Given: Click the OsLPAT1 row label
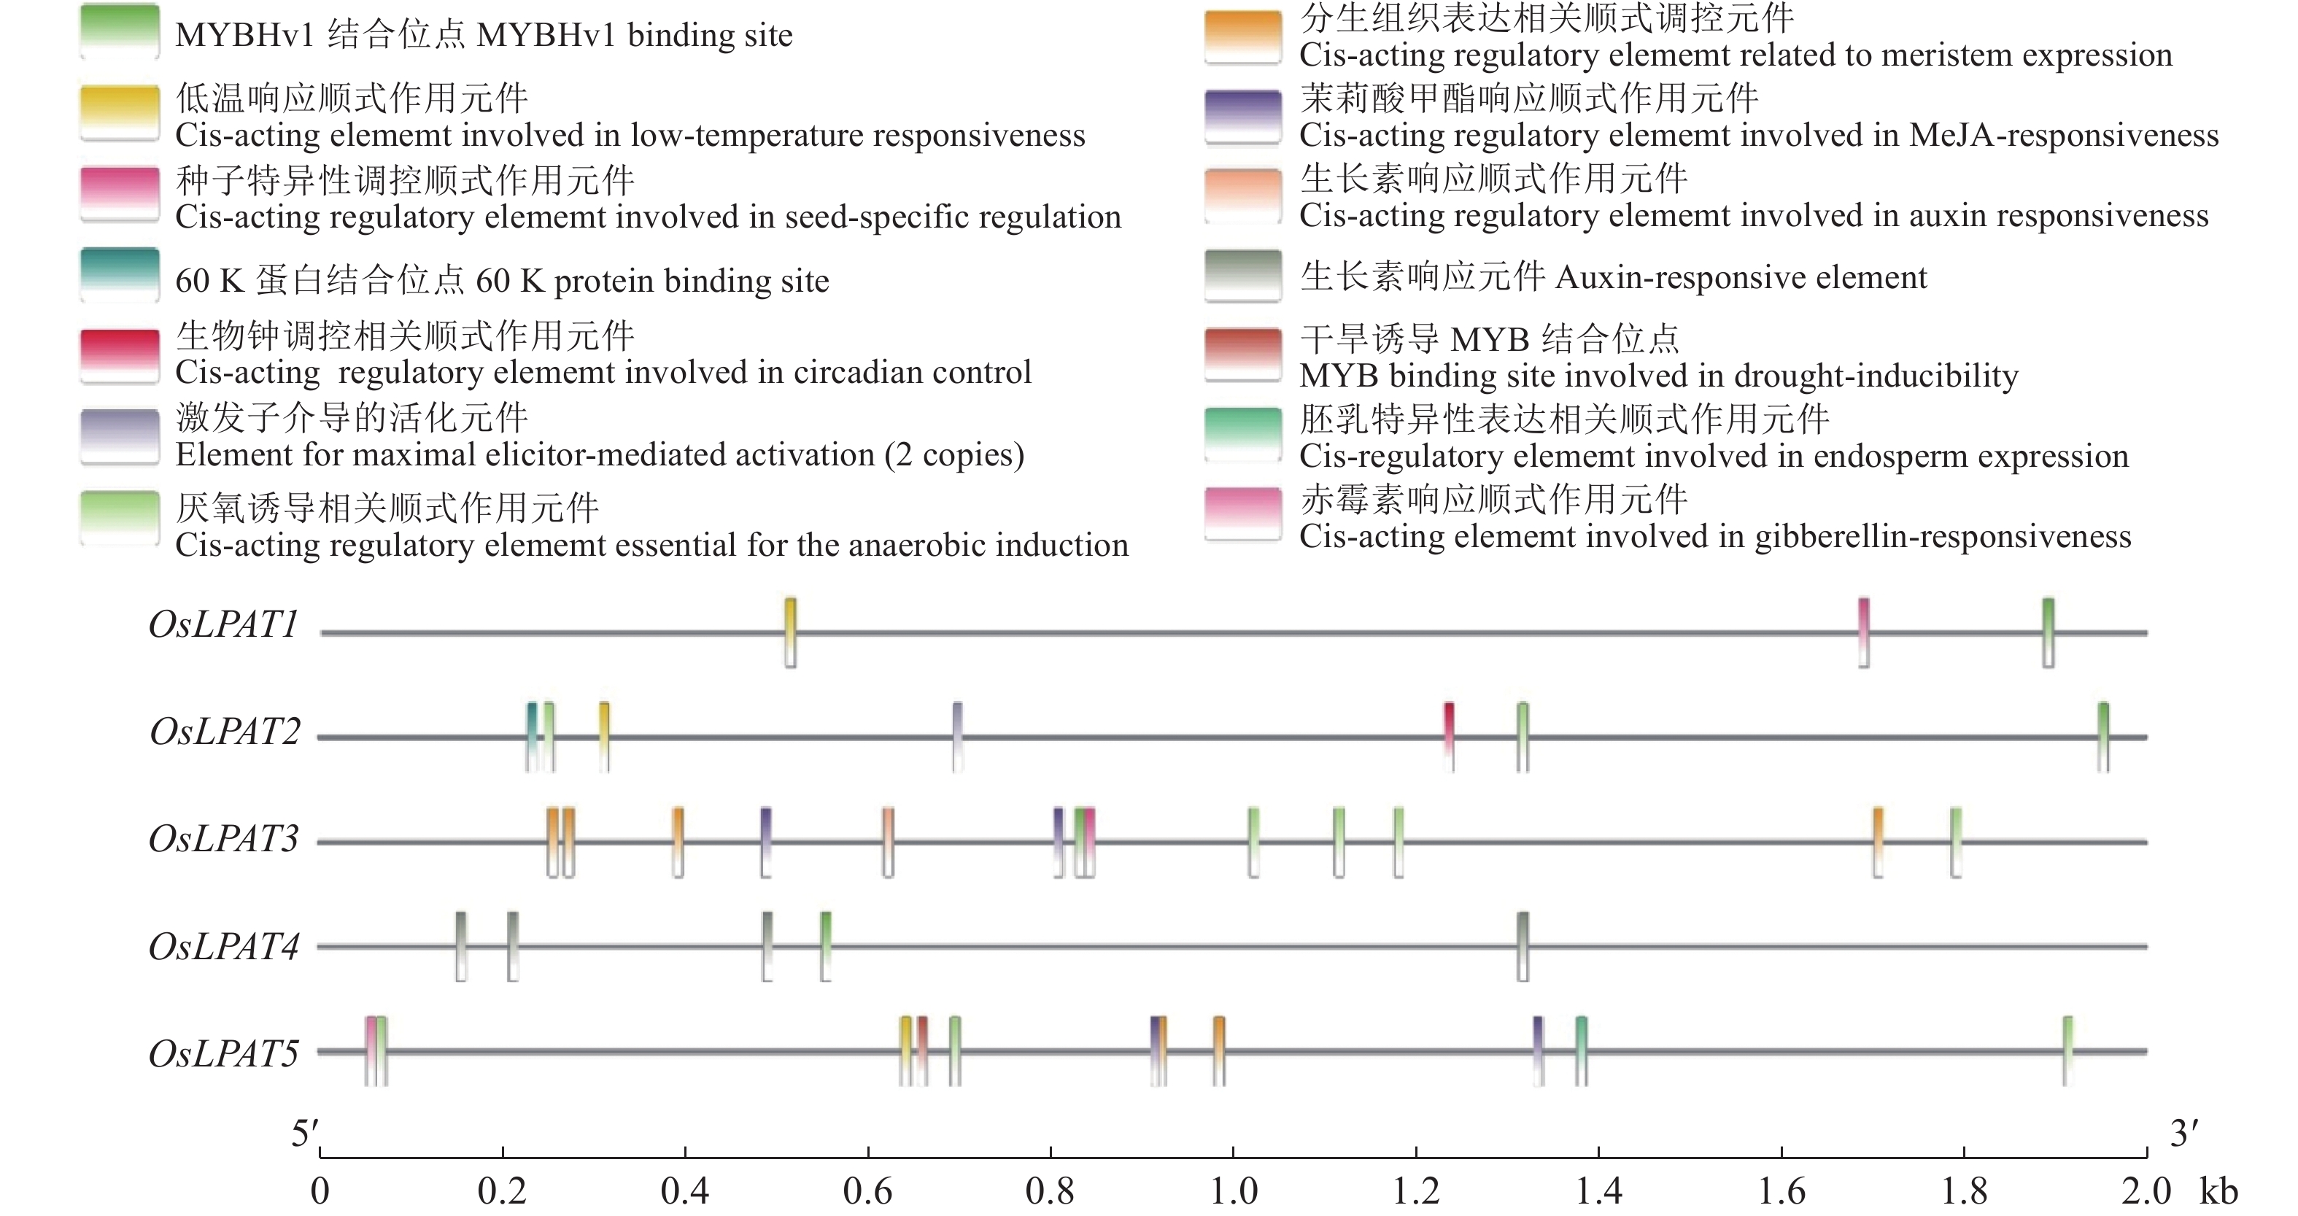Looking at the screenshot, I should coord(223,624).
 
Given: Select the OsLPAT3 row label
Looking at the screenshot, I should coord(223,840).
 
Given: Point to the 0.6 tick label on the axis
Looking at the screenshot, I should coord(867,1191).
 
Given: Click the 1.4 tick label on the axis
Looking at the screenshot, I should coord(1598,1191).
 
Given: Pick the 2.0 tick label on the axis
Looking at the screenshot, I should coord(2146,1191).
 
